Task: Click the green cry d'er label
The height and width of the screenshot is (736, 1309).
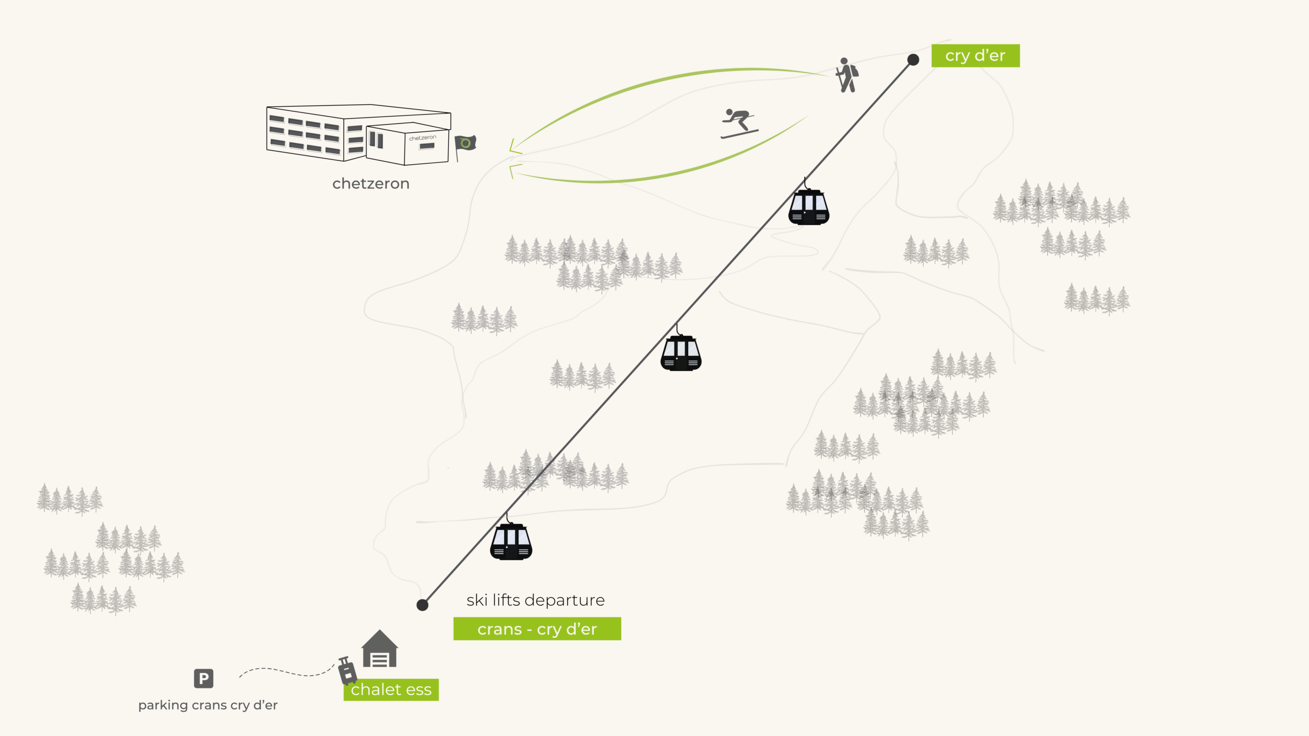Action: (x=975, y=56)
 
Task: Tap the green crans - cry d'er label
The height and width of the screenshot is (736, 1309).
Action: (x=537, y=629)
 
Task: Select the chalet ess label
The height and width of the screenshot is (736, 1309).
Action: (x=391, y=689)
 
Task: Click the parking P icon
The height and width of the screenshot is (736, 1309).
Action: (x=204, y=678)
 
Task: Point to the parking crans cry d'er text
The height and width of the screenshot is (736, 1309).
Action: (x=208, y=705)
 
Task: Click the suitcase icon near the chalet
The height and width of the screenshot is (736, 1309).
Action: (x=348, y=671)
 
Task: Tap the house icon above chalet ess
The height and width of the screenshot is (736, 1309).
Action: (x=379, y=649)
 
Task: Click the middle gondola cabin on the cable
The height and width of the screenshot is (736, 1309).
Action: (x=681, y=353)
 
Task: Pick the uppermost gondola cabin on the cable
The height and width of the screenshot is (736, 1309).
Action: (x=808, y=207)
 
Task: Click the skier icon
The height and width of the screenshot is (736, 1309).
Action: (x=738, y=123)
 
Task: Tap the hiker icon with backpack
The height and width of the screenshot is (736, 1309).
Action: (x=847, y=76)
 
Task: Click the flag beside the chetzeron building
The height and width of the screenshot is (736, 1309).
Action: (x=465, y=143)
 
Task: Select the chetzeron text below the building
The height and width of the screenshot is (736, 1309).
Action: (x=371, y=183)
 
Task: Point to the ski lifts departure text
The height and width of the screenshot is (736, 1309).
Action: (x=535, y=600)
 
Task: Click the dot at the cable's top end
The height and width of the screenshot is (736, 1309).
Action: (x=913, y=60)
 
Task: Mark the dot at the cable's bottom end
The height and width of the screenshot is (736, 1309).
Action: (x=422, y=605)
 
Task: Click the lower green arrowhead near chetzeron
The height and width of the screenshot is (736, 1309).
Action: (x=513, y=170)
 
